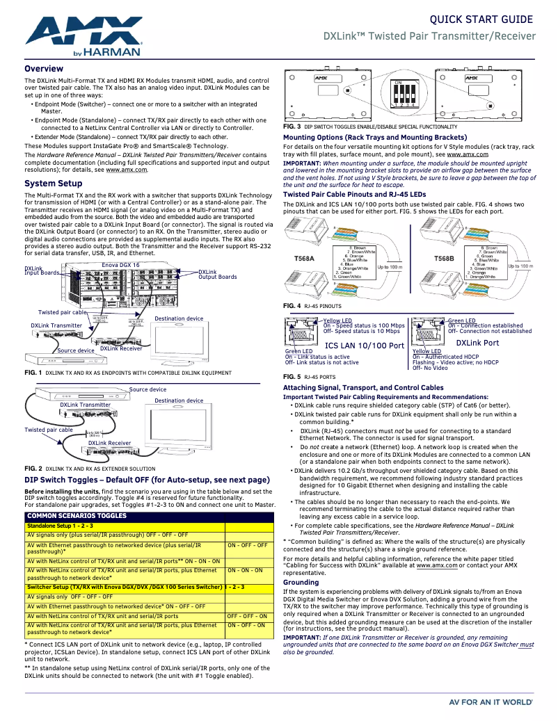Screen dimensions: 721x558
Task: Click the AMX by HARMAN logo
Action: click(x=83, y=36)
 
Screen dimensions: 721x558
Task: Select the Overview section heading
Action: click(x=44, y=69)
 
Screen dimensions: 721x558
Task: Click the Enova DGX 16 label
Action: click(x=120, y=265)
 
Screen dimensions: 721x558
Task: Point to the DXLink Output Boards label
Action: click(x=217, y=275)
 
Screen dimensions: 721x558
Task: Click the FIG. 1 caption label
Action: click(x=33, y=373)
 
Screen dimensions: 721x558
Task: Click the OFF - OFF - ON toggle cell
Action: click(x=247, y=616)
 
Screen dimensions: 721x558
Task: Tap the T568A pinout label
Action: click(x=305, y=259)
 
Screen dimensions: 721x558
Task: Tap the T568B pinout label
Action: click(x=444, y=259)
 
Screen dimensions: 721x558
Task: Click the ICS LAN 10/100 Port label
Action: click(x=365, y=346)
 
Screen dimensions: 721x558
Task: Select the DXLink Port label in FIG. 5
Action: click(x=477, y=343)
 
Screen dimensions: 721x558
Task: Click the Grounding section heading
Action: click(x=301, y=583)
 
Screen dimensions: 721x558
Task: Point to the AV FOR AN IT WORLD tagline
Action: click(x=492, y=703)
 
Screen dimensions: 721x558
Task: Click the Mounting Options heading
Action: click(x=374, y=138)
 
